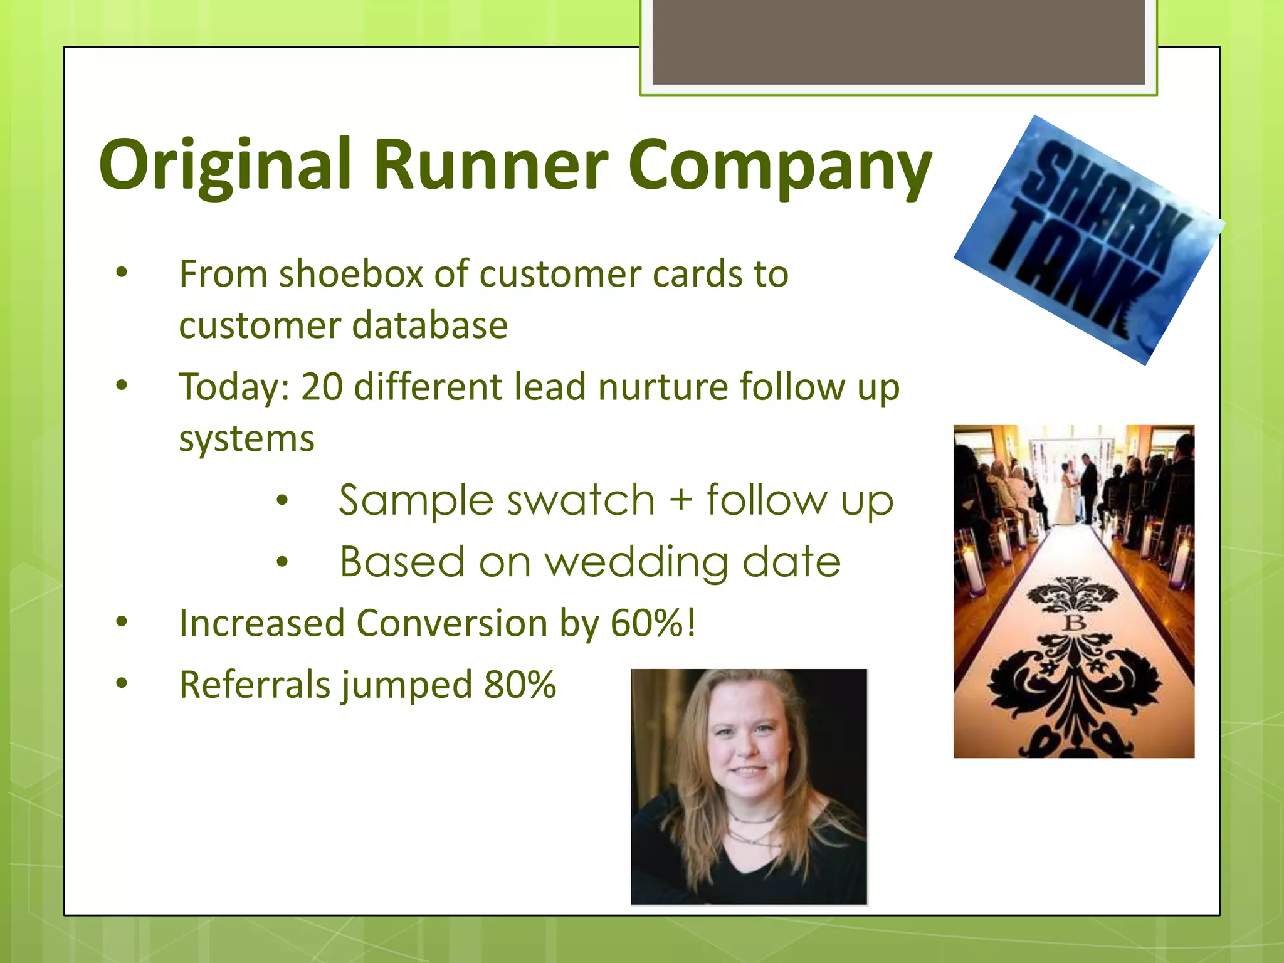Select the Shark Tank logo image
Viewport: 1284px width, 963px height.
(x=1088, y=239)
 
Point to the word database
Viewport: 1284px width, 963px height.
(x=430, y=326)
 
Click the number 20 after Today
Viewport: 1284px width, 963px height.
(x=322, y=387)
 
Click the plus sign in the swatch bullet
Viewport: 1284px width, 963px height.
(x=680, y=501)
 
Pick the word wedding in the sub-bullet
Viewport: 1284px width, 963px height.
(x=636, y=562)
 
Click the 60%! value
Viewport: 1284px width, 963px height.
(x=653, y=624)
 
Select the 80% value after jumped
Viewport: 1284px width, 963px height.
(x=520, y=685)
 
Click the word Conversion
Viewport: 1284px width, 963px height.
(x=451, y=624)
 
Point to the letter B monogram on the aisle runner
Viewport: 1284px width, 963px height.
(x=1075, y=623)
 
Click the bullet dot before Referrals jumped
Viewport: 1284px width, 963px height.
(x=122, y=683)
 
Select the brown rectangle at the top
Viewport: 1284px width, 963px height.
(x=898, y=41)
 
